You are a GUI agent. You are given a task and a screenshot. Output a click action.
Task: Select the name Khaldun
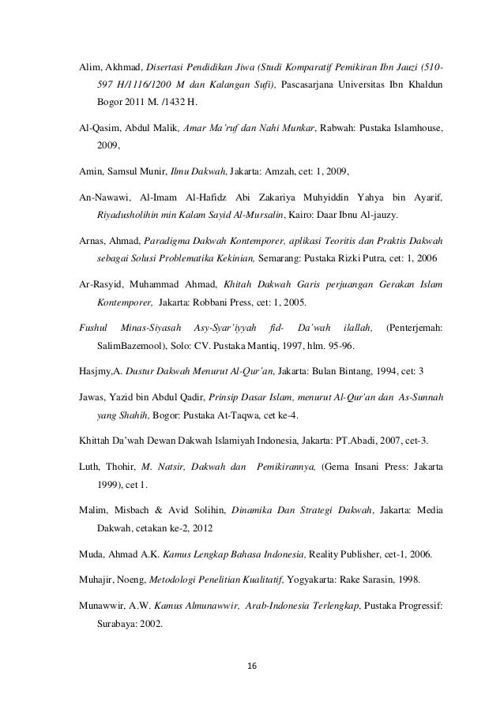(423, 84)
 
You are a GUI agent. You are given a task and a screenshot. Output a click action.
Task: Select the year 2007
(384, 439)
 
